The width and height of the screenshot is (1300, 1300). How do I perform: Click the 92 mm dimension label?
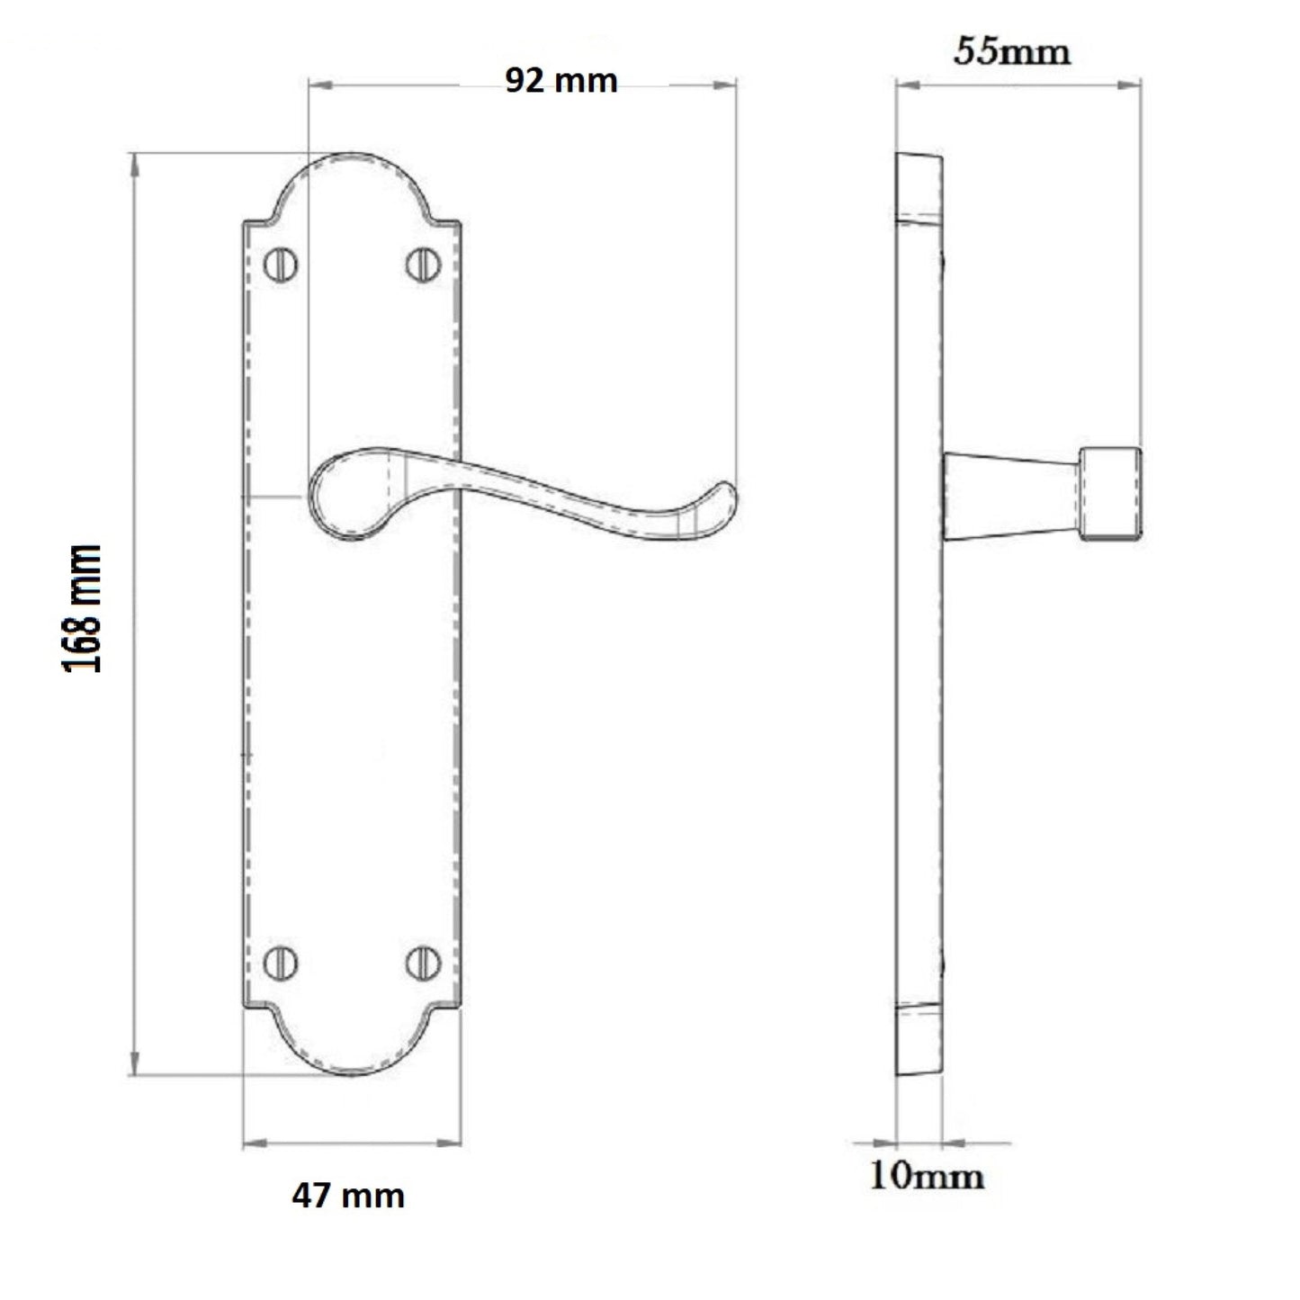[x=560, y=81]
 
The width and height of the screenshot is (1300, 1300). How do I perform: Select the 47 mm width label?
[x=347, y=1196]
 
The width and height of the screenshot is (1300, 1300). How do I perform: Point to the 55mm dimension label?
[x=1012, y=51]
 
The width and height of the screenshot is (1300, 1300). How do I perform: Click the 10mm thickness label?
[x=926, y=1177]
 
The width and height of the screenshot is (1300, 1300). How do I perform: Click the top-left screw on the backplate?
[x=281, y=264]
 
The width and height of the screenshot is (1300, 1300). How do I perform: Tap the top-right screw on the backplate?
[x=423, y=264]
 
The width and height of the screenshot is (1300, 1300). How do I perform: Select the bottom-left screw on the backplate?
[x=281, y=963]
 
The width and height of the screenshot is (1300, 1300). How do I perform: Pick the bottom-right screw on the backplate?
[x=423, y=963]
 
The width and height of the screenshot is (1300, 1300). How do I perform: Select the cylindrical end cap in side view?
[x=1111, y=494]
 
